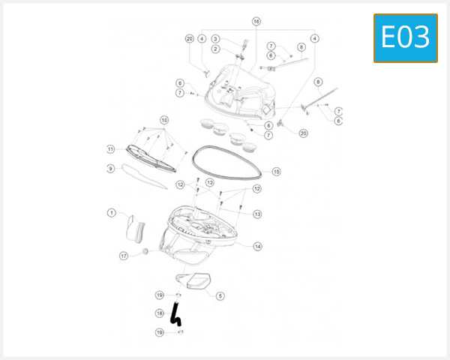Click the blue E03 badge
[x=405, y=37]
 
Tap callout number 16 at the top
[x=256, y=22]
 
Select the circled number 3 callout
[x=215, y=39]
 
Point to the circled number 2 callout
[x=215, y=49]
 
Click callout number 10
[x=164, y=119]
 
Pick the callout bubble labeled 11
[x=110, y=148]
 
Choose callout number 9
[x=110, y=169]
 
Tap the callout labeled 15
[x=276, y=172]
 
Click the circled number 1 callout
[x=111, y=213]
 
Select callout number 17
[x=124, y=256]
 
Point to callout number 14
[x=257, y=246]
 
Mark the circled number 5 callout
[x=220, y=295]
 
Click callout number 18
[x=159, y=313]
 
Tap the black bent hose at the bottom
[x=175, y=313]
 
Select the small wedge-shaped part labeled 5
[x=194, y=281]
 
